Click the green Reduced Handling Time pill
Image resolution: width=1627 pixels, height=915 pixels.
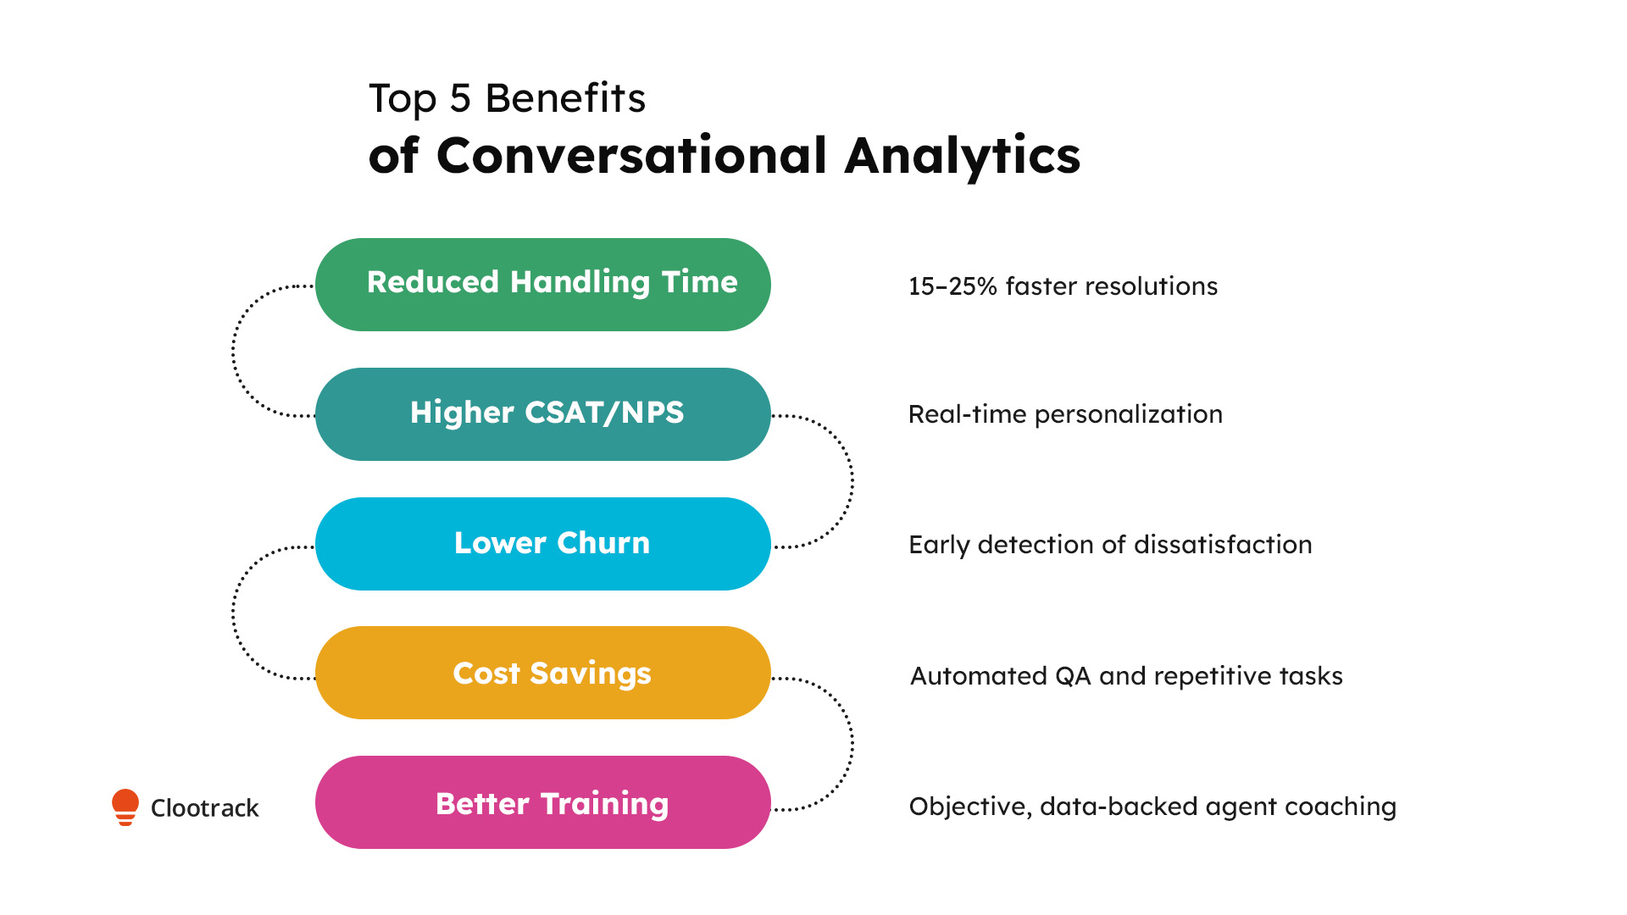coord(542,284)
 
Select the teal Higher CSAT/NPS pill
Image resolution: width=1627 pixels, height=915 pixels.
coord(542,413)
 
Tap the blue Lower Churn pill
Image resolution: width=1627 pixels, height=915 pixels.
coord(542,543)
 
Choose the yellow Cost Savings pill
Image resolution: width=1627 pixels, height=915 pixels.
coord(542,673)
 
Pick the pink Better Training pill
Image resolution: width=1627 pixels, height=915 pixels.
coord(542,802)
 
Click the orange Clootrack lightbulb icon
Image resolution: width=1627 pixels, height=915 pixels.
coord(125,807)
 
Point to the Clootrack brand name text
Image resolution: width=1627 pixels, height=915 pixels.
coord(204,808)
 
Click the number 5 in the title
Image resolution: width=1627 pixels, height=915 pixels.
coord(460,98)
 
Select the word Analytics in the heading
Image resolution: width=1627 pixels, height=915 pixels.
coord(962,156)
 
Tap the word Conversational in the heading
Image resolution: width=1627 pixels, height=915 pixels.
coord(631,156)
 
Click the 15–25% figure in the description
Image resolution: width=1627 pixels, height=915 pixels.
coord(952,286)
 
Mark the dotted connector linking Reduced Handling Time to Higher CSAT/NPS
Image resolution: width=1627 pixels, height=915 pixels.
coord(234,351)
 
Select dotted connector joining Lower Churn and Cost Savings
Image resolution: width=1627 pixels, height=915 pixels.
coord(234,613)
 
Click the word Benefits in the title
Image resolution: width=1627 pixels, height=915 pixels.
coord(564,98)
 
